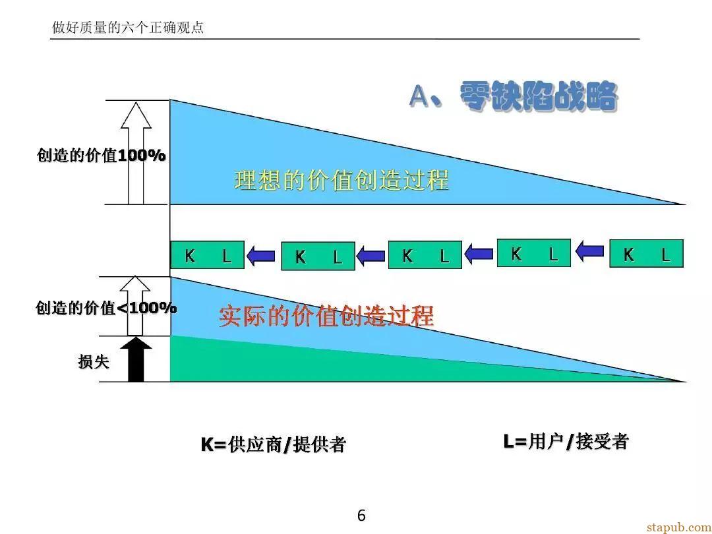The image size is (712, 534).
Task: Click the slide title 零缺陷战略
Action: click(x=539, y=96)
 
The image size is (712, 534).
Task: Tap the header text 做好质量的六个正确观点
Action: click(x=128, y=27)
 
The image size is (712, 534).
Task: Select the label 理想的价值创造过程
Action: click(x=341, y=179)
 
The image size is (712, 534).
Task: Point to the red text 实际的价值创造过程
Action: click(x=326, y=316)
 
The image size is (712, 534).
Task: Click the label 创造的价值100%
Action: click(x=102, y=156)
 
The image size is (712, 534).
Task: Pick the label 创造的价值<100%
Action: click(x=105, y=308)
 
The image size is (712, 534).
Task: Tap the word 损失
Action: click(x=94, y=362)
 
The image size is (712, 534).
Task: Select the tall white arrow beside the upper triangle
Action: click(x=136, y=153)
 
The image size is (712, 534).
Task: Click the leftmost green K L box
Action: click(x=208, y=254)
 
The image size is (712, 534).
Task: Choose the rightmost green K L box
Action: click(x=646, y=253)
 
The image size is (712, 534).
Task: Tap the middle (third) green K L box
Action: click(x=425, y=254)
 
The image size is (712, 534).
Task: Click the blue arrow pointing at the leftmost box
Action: click(x=261, y=256)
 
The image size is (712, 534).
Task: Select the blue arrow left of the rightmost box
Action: click(x=590, y=251)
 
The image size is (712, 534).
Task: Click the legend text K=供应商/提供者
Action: click(x=274, y=444)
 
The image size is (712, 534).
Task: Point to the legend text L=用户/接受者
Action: click(x=566, y=441)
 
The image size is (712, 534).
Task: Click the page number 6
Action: click(x=361, y=516)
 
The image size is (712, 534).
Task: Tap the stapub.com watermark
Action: click(x=679, y=527)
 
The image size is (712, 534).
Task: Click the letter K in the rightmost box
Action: click(x=628, y=254)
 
